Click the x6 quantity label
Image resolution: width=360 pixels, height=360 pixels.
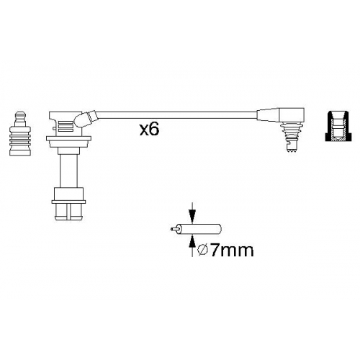149,130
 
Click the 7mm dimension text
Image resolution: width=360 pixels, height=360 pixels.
232,251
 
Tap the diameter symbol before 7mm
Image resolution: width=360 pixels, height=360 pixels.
202,251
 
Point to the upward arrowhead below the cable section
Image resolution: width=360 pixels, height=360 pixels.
192,241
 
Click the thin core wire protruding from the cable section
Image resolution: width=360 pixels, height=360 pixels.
174,229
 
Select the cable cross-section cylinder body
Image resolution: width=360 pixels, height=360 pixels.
199,229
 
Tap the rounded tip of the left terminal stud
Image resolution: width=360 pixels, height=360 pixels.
20,114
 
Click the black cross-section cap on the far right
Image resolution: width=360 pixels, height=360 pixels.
338,126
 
